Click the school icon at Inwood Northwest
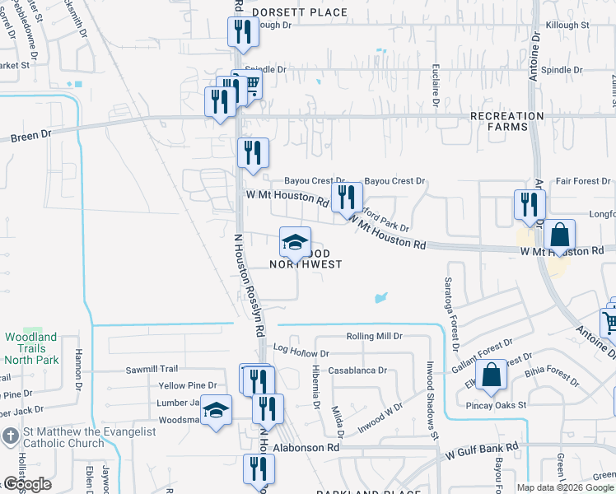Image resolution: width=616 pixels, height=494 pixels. [x=295, y=242]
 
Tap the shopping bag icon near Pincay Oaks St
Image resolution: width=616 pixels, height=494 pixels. [x=491, y=375]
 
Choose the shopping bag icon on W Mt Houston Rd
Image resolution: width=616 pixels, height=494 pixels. [x=559, y=235]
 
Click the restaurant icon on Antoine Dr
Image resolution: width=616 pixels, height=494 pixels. [x=530, y=204]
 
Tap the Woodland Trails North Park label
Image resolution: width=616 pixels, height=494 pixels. [x=30, y=348]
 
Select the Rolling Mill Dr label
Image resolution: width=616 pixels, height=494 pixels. [x=374, y=337]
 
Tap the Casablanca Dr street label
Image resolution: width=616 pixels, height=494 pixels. [x=357, y=370]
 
